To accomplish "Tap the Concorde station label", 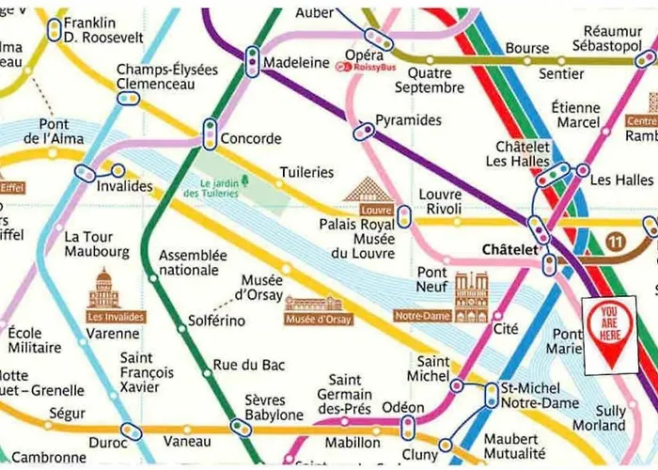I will pos(251,139).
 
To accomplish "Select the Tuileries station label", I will pos(306,172).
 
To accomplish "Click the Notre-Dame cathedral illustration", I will pos(471,297).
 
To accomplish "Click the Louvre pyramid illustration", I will pos(368,190).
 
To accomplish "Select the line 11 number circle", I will pos(617,243).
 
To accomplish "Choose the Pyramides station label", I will pos(408,120).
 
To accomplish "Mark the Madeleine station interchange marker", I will pos(251,61).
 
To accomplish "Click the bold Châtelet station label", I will pos(508,250).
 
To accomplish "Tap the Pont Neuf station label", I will pos(432,280).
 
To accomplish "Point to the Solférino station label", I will pos(216,321).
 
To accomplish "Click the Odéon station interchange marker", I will pos(407,429).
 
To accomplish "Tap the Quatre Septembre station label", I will pos(430,80).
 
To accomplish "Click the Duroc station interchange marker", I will pos(130,431).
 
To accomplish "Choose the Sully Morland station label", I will pos(599,418).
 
